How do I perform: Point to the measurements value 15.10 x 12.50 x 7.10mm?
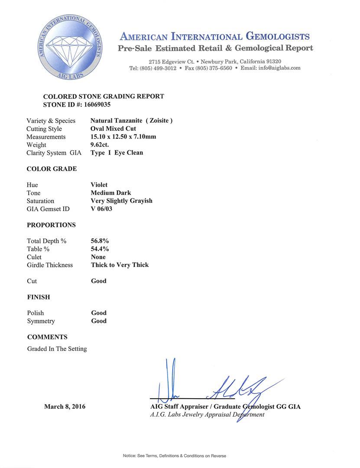pyautogui.click(x=123, y=137)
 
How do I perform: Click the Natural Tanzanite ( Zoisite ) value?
pyautogui.click(x=132, y=121)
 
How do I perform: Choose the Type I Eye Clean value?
pyautogui.click(x=117, y=153)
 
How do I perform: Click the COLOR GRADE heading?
pyautogui.click(x=52, y=169)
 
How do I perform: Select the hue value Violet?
pyautogui.click(x=99, y=185)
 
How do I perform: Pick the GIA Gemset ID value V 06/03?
pyautogui.click(x=104, y=209)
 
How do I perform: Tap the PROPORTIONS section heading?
pyautogui.click(x=51, y=225)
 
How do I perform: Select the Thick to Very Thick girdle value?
pyautogui.click(x=120, y=265)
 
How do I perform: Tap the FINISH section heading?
pyautogui.click(x=39, y=297)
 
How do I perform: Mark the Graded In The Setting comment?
pyautogui.click(x=57, y=348)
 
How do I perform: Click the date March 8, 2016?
pyautogui.click(x=65, y=406)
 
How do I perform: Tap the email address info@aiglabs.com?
pyautogui.click(x=277, y=68)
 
